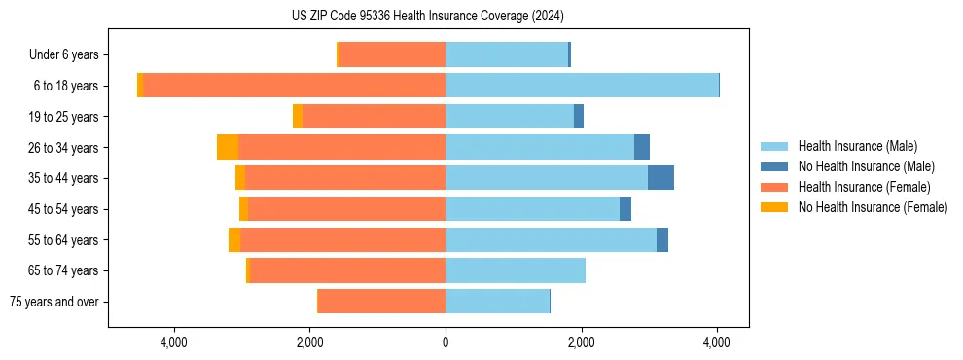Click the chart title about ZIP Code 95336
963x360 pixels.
pos(427,17)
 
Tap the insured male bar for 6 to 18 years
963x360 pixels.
pos(582,86)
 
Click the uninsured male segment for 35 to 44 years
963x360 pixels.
pos(660,178)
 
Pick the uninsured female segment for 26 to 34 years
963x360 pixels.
pos(228,147)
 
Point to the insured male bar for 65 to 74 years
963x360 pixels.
pos(516,270)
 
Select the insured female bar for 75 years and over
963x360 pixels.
pos(381,302)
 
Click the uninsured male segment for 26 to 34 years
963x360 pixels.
pos(642,147)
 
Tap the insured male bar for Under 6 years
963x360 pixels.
pos(507,54)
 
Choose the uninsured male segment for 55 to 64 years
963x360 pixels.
pos(662,239)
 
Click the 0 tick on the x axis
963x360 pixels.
pos(446,342)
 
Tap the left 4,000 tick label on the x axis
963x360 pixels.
pos(174,342)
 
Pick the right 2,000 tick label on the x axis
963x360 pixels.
pos(582,342)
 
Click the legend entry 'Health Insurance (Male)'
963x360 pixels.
pos(857,146)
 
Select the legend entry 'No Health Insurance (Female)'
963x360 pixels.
pos(873,207)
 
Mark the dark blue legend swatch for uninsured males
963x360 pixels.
pos(775,166)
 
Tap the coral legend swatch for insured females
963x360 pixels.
pos(775,187)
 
